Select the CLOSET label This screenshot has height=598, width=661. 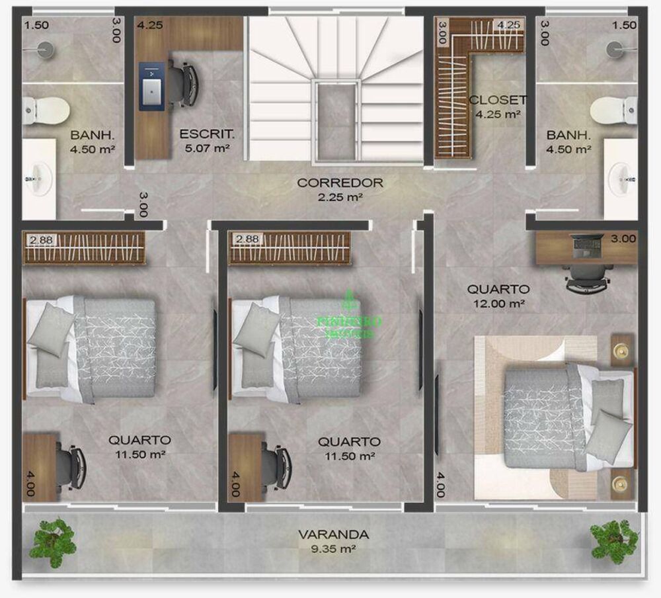498,101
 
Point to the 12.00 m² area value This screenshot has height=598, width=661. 498,304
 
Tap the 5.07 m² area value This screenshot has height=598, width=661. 207,149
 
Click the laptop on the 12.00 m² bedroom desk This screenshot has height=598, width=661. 587,247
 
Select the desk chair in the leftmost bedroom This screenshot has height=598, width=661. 72,460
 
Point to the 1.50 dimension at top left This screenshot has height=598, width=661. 36,25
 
